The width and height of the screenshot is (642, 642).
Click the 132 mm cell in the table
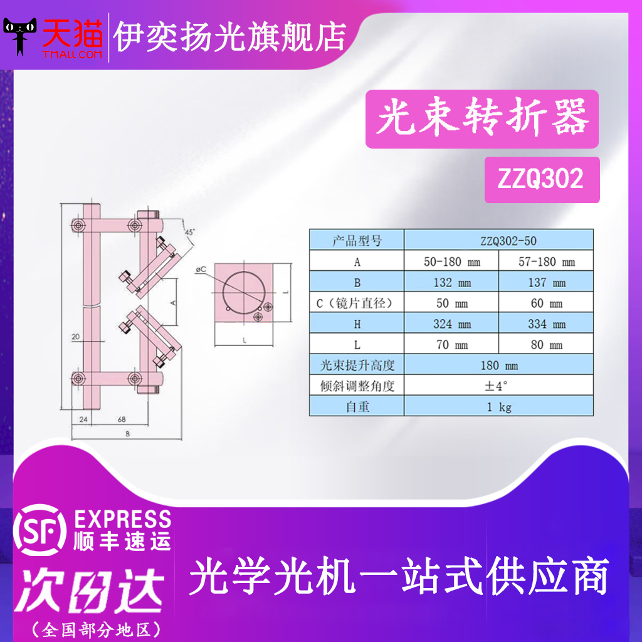click(451, 283)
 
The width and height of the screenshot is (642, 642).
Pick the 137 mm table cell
click(546, 283)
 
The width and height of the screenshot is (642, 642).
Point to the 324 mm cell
click(451, 324)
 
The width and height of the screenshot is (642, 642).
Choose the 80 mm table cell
click(546, 345)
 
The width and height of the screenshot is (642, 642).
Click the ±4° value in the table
click(498, 386)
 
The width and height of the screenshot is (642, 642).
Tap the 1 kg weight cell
click(498, 407)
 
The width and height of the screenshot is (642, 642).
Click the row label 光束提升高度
click(357, 366)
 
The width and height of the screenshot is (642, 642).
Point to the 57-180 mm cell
click(546, 262)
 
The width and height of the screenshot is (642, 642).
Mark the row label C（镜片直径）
click(357, 303)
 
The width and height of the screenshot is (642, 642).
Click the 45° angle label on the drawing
click(189, 232)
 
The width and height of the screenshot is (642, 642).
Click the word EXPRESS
click(122, 519)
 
